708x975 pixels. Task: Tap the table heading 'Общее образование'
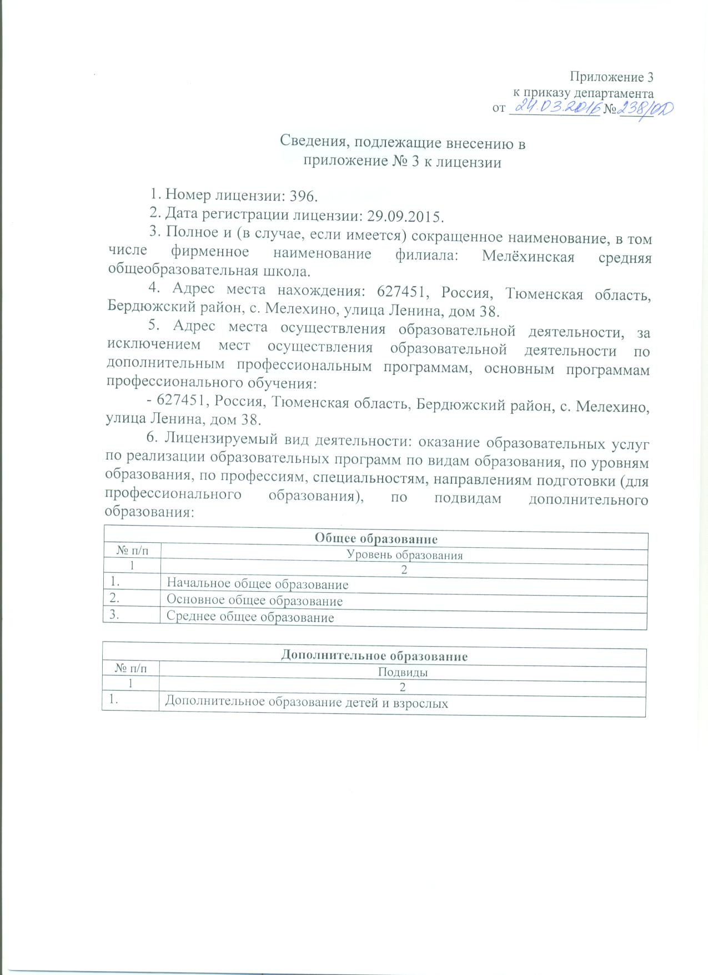[x=376, y=538]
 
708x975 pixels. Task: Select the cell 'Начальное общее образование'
[x=258, y=584]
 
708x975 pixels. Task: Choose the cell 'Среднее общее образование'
[x=250, y=617]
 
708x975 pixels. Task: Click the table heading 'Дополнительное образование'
[x=374, y=656]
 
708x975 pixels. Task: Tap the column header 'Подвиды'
[x=403, y=672]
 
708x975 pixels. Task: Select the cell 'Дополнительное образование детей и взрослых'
[x=307, y=702]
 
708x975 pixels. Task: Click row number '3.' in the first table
[x=116, y=616]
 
